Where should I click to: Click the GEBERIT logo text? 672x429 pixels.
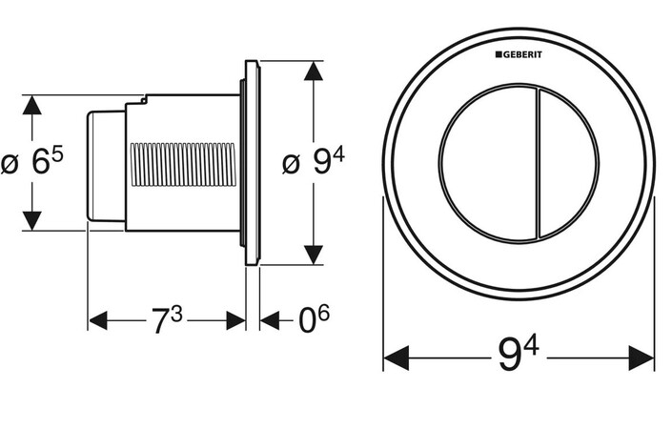(522, 56)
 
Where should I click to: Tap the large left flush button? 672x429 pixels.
(486, 163)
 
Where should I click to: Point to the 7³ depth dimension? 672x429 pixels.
(167, 321)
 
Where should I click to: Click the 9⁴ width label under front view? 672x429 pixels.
(519, 358)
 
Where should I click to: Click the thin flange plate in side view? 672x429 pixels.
(252, 163)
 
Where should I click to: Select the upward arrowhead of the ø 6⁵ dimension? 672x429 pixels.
(32, 104)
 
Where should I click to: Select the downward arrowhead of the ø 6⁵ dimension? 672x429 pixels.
(32, 221)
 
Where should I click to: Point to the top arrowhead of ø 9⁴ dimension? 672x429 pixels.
(313, 71)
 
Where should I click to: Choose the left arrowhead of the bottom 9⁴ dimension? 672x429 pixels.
(394, 358)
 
